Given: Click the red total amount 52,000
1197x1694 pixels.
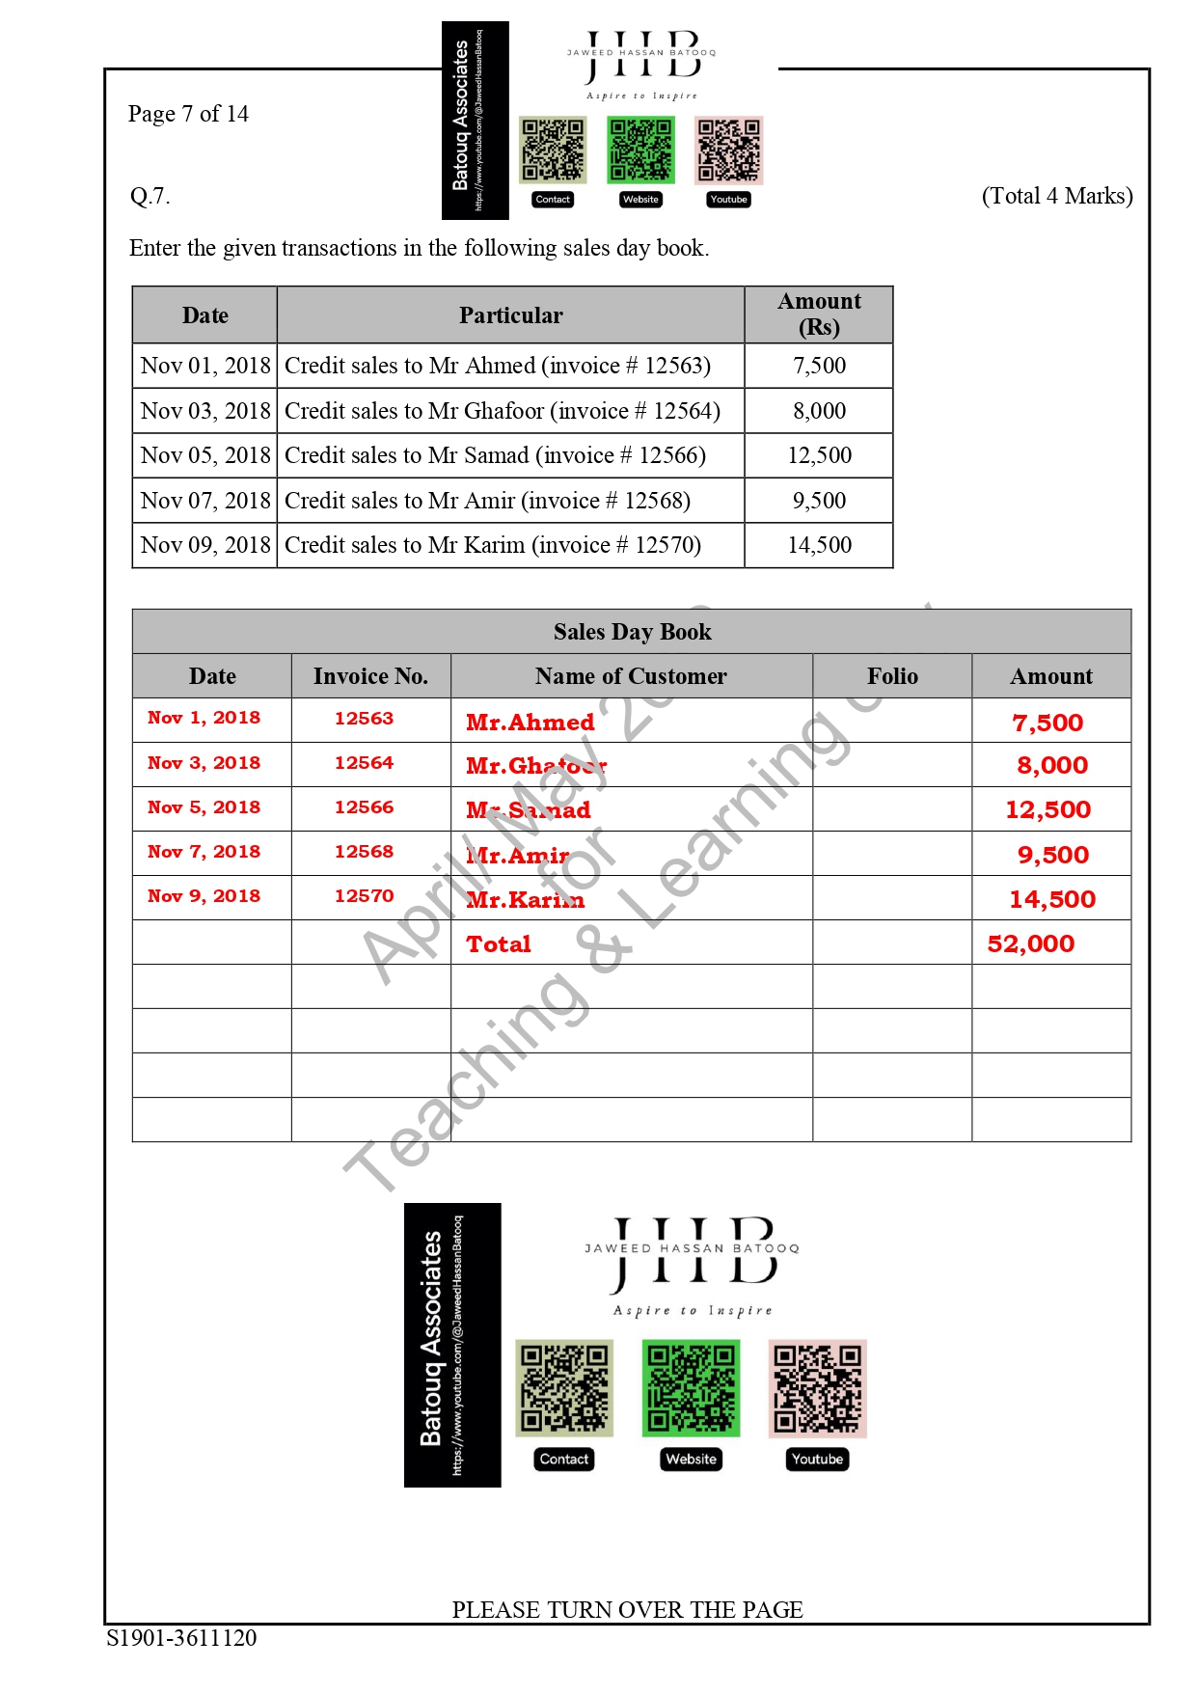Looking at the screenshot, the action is tap(1030, 943).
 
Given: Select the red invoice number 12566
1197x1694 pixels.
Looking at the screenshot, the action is tap(364, 807).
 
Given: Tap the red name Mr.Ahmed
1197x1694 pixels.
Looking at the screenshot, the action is tap(530, 723).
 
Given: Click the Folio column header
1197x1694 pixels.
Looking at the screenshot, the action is tap(892, 676).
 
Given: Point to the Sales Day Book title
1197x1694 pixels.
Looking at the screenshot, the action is tap(632, 632).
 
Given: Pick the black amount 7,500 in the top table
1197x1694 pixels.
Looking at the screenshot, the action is tap(819, 366).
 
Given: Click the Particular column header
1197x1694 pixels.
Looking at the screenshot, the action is tap(510, 315).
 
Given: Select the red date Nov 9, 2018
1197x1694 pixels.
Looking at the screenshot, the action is tap(204, 896).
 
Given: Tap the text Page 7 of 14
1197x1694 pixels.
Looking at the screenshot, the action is tap(188, 114).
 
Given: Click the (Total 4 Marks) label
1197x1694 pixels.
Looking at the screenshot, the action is tap(1056, 196).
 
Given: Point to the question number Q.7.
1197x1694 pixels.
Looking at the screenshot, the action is tap(150, 196).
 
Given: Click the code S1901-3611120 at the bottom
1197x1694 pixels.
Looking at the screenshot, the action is tap(181, 1638).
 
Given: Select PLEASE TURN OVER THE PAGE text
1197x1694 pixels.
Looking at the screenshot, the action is tap(627, 1610).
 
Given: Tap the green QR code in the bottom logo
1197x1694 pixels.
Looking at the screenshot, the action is tap(691, 1388).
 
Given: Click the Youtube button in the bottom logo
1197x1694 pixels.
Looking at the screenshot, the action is tap(817, 1460).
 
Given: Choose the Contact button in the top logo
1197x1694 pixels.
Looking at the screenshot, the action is tap(553, 200).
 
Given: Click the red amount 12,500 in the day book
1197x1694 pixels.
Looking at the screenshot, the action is tap(1047, 810).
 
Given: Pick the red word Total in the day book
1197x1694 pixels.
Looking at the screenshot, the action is tap(499, 944).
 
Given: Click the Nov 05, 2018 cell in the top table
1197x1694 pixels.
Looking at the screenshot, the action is tap(205, 455).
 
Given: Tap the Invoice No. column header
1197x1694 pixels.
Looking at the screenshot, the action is tap(370, 676).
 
